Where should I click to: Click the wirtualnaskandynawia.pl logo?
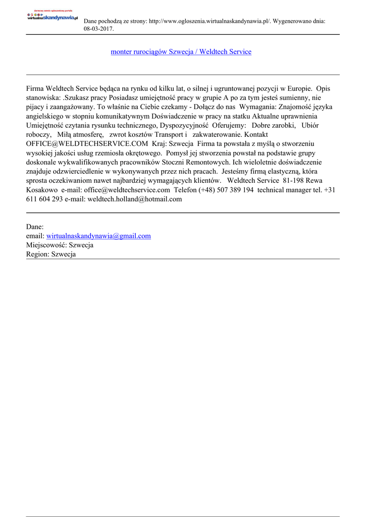53,17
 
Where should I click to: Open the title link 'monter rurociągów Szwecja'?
181,52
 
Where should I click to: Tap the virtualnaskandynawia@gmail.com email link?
98,236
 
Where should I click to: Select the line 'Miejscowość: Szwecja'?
60,245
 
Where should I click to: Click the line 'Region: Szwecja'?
51,254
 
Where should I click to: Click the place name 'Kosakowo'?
42,190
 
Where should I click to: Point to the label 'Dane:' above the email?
35,227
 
